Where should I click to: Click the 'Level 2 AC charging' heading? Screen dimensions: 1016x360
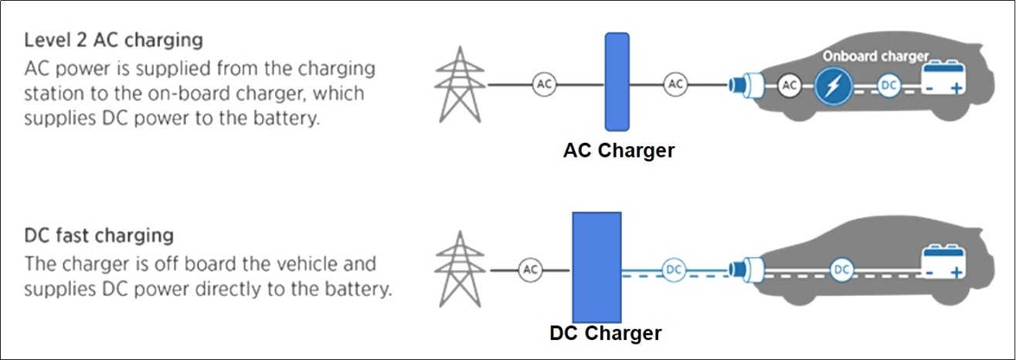click(x=114, y=41)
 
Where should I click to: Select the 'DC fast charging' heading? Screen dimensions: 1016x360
click(x=99, y=236)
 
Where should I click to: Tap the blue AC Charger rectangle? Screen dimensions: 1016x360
click(x=617, y=82)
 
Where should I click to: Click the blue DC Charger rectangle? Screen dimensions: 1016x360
click(x=596, y=267)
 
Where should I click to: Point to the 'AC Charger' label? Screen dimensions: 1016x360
click(x=619, y=150)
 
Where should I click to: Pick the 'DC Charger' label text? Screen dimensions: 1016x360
click(x=606, y=333)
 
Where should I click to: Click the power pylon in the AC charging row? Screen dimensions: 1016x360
click(x=460, y=84)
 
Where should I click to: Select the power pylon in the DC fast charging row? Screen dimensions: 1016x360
click(x=460, y=269)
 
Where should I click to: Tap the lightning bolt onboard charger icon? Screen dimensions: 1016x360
click(x=833, y=86)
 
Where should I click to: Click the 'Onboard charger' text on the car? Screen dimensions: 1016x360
click(x=876, y=56)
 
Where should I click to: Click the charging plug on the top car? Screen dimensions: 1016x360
click(x=746, y=85)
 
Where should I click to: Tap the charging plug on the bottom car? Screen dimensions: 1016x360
click(x=746, y=270)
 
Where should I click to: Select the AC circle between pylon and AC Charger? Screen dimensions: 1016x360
click(x=544, y=84)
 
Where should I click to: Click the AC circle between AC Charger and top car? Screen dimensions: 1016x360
click(x=675, y=84)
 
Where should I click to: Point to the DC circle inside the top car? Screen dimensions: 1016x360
click(x=889, y=86)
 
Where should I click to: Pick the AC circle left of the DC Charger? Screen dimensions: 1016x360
click(x=530, y=270)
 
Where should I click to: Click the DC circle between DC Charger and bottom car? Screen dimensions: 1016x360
click(x=674, y=270)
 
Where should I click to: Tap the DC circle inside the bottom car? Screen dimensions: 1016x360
click(x=842, y=270)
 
